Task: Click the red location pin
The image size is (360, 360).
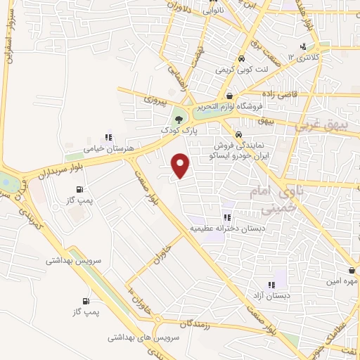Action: pyautogui.click(x=181, y=165)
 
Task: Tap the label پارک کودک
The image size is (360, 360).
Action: pyautogui.click(x=176, y=131)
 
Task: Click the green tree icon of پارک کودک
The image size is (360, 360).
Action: pyautogui.click(x=179, y=117)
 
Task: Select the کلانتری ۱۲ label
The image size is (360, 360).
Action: pyautogui.click(x=307, y=57)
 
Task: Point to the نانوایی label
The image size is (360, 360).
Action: pyautogui.click(x=213, y=12)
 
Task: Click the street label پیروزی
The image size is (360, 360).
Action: pyautogui.click(x=157, y=100)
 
